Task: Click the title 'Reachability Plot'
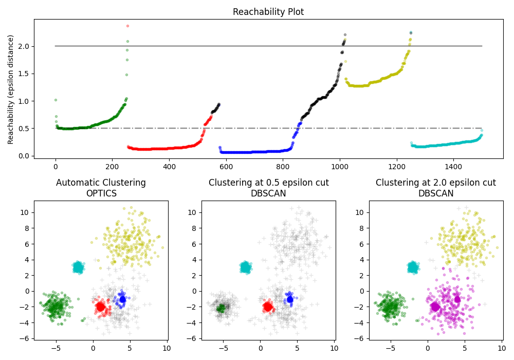268,12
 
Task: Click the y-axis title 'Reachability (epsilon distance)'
11,89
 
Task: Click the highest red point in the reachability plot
127,26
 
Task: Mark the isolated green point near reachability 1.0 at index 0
56,100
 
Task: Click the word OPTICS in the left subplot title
101,193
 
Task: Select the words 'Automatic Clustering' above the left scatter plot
101,183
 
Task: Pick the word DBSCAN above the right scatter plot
436,193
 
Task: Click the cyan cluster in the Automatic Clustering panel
78,267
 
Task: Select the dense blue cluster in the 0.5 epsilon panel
290,299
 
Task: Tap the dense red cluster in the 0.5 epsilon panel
268,307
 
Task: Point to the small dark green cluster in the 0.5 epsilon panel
221,308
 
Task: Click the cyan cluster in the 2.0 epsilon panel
413,267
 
